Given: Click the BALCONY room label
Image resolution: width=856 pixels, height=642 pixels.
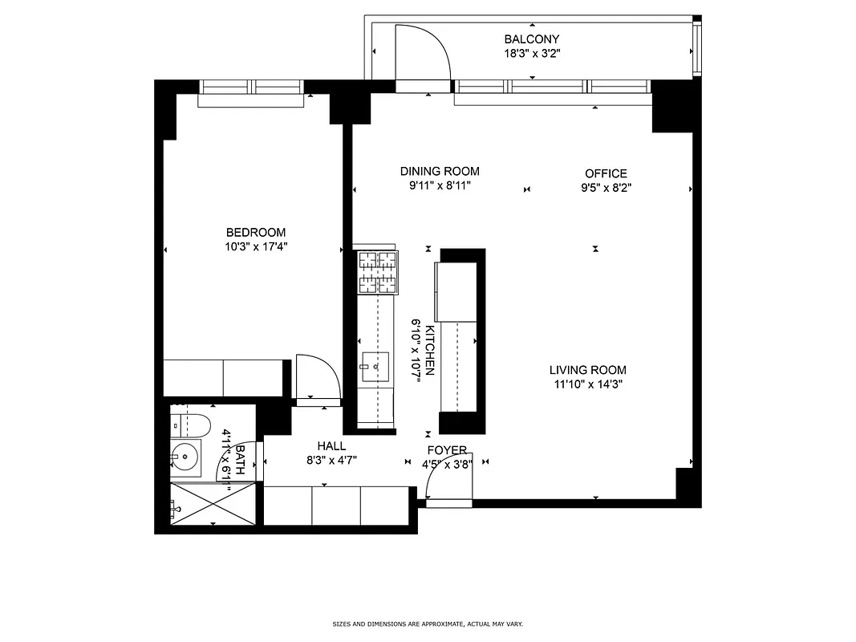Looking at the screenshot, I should (x=531, y=39).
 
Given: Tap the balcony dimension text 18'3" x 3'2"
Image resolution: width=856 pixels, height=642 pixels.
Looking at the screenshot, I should (x=531, y=55).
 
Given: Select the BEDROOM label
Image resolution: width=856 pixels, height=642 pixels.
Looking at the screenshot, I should (x=255, y=233).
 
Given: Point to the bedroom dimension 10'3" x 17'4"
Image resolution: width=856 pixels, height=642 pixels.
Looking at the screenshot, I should (x=255, y=247).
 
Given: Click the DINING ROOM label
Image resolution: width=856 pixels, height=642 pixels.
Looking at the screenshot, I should (x=440, y=171).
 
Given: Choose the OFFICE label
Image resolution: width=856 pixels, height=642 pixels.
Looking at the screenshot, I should (x=606, y=173).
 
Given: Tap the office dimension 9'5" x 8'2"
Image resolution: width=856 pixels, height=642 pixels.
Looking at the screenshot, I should (x=606, y=189).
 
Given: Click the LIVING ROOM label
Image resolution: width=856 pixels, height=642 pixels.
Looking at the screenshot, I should (x=587, y=370).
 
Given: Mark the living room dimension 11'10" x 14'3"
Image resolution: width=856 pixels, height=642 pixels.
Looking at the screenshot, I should (x=587, y=384).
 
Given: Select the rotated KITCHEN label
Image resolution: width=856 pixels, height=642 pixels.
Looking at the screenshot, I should (x=430, y=351).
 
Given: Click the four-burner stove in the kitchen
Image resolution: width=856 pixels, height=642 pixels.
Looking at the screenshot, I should (x=377, y=272).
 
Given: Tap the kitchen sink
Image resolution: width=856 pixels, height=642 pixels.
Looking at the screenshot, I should (x=375, y=366).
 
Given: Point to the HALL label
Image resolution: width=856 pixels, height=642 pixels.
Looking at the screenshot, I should (x=331, y=446).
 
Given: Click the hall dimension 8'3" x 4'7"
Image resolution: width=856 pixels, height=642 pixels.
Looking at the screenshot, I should (x=331, y=461).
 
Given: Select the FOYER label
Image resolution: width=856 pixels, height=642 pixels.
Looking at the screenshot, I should (x=447, y=450).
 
